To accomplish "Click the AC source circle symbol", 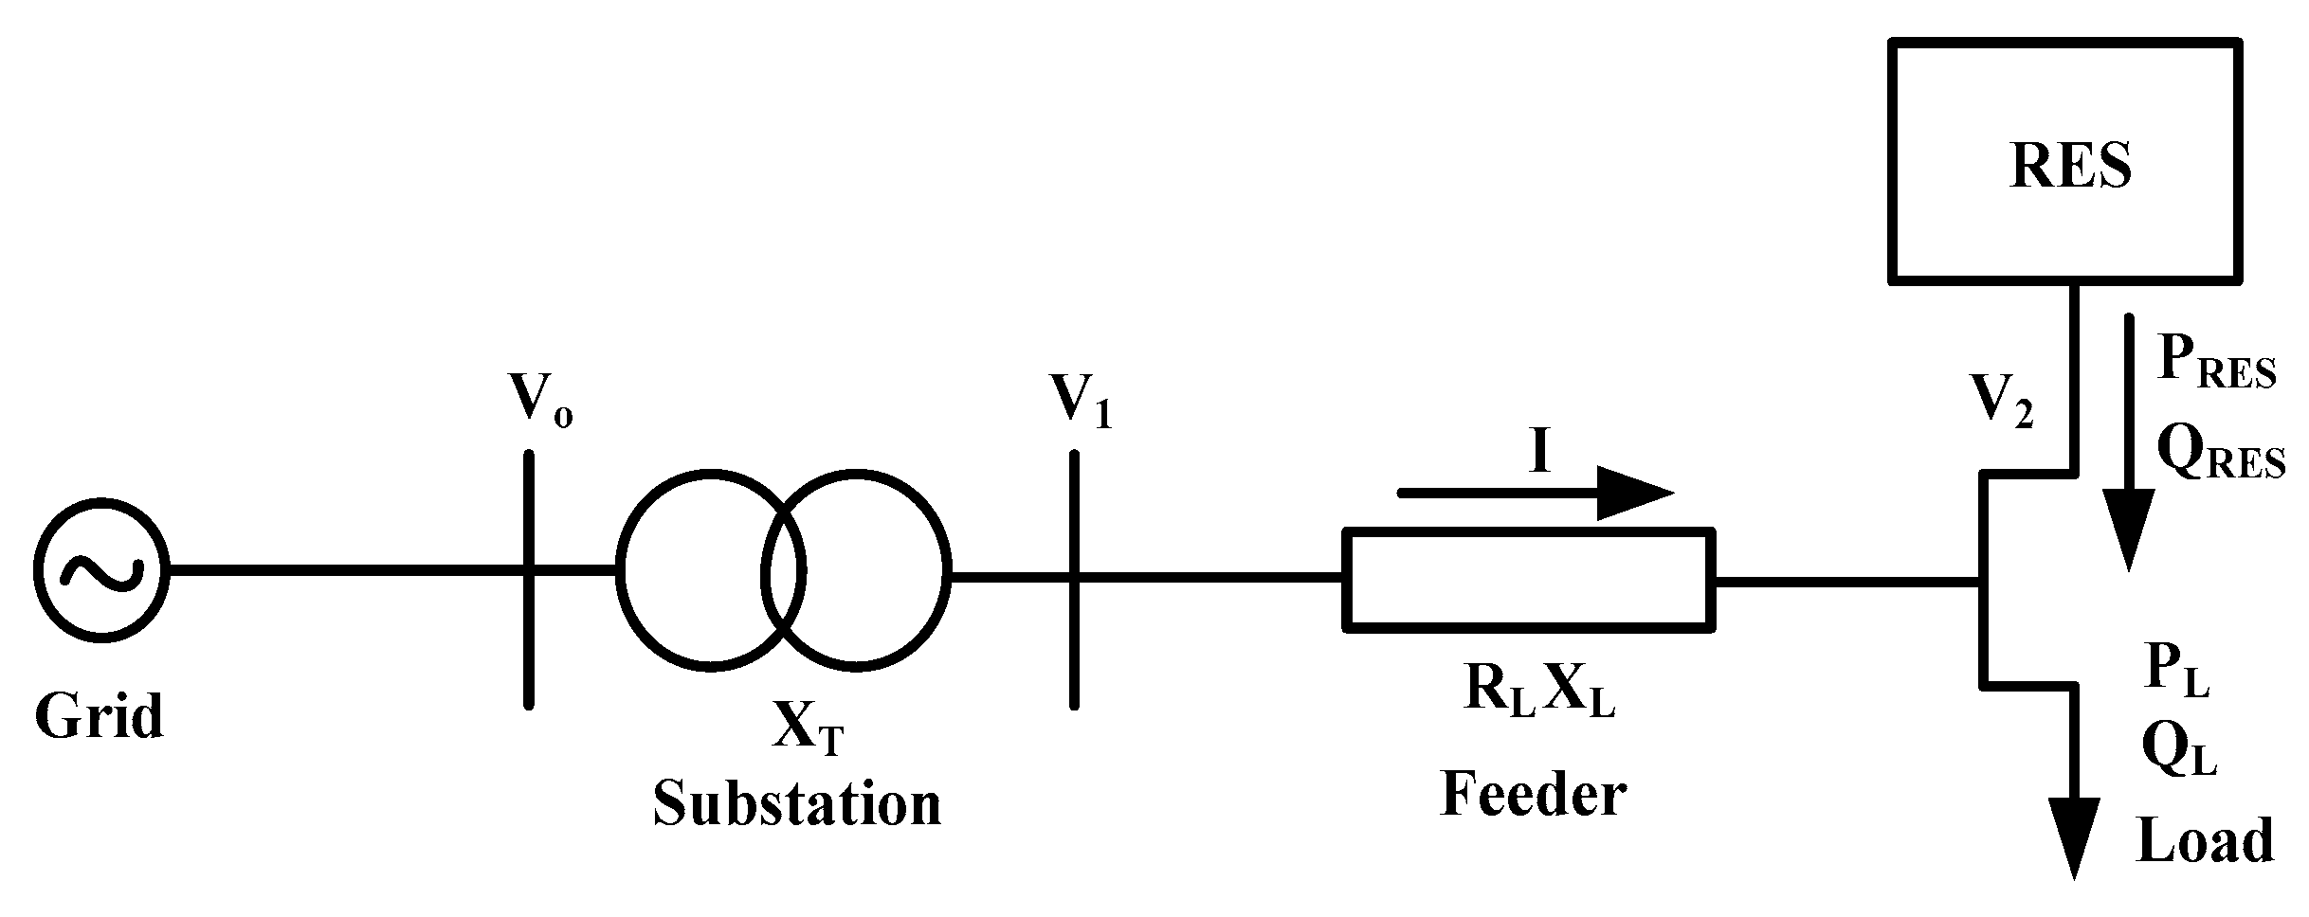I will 101,570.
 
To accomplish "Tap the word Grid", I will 100,716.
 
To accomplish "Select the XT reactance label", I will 807,730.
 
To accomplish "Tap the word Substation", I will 797,803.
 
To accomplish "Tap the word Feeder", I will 1534,794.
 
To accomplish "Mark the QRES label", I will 2219,454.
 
